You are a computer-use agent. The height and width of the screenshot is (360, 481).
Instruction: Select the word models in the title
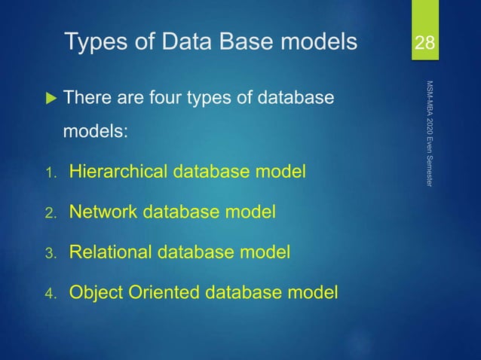point(317,43)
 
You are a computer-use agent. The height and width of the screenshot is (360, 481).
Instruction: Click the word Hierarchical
point(119,172)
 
